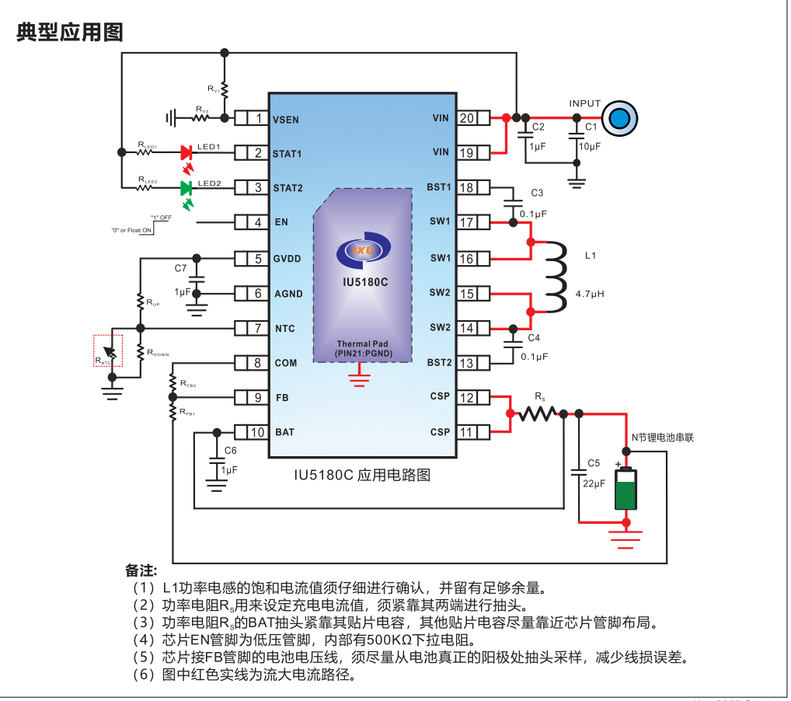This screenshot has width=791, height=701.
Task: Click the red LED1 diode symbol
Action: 186,152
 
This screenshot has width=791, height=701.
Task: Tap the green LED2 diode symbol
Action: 186,188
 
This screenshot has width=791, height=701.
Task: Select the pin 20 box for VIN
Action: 467,118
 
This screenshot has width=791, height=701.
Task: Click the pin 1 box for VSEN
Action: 258,119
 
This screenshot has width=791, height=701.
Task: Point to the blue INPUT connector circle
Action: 620,119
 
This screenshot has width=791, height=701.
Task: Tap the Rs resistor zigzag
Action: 537,414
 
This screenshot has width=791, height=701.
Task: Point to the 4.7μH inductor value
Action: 590,295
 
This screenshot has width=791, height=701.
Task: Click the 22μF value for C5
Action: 594,483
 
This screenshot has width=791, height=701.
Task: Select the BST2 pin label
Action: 439,362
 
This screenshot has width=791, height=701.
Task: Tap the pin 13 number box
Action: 467,363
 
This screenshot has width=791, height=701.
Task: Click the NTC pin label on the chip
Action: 285,329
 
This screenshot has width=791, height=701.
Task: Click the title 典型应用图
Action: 70,32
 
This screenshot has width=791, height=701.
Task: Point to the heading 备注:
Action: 141,570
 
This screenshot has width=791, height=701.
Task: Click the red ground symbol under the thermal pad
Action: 358,378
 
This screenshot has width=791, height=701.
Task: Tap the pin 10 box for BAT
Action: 258,432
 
